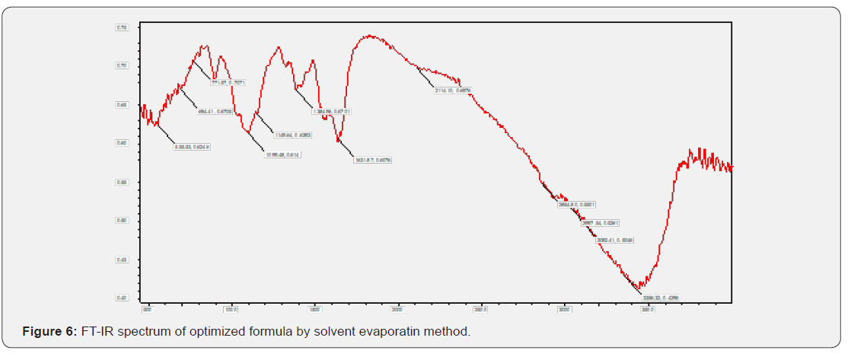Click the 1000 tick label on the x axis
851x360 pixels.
(231, 310)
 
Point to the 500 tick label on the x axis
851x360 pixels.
(148, 310)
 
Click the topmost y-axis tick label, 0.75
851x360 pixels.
(122, 27)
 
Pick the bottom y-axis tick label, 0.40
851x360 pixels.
(122, 298)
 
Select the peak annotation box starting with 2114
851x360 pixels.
(453, 91)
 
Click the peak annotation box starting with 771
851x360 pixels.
(228, 82)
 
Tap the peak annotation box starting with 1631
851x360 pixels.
(373, 160)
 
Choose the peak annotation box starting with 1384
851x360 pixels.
(331, 111)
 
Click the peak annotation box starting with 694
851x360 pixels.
(215, 111)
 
